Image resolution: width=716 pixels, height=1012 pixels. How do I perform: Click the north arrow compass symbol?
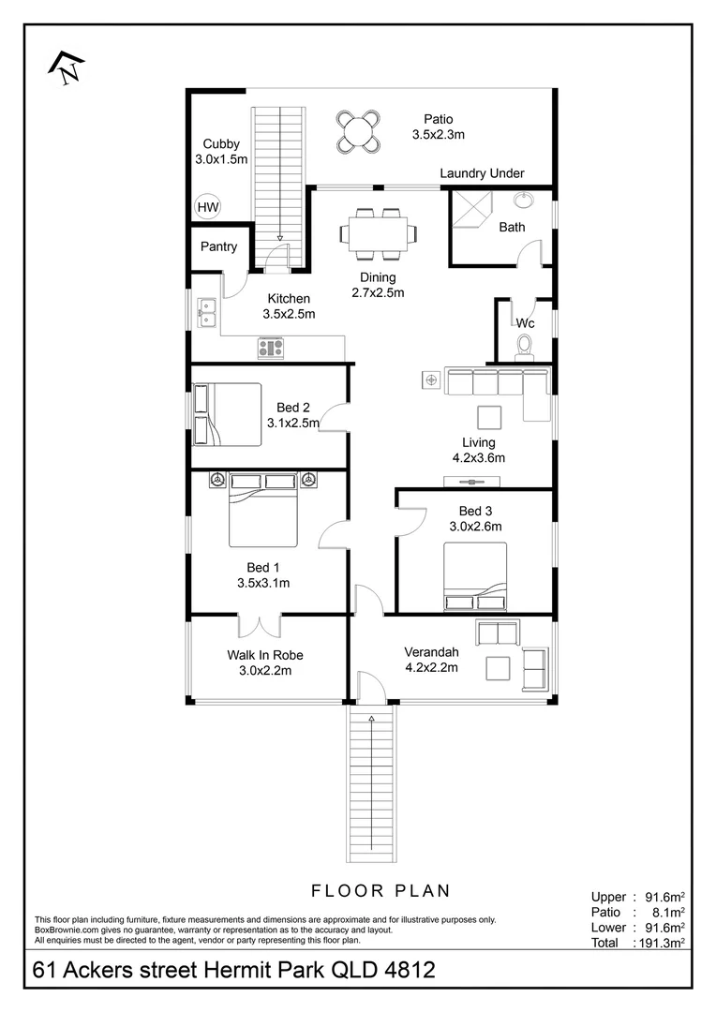(x=67, y=67)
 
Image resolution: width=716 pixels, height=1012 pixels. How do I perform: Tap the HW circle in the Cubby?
(x=208, y=207)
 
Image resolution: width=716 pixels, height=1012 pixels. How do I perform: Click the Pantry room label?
(x=219, y=246)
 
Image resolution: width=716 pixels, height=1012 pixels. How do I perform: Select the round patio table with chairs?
(x=358, y=132)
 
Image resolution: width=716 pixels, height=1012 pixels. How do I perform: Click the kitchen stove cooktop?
(x=271, y=348)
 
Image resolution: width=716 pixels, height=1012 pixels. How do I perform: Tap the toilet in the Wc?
(x=524, y=346)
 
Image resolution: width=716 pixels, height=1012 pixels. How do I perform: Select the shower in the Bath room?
(x=471, y=210)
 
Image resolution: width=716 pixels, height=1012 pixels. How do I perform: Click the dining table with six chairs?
(x=379, y=231)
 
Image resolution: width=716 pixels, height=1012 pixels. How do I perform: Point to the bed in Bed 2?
(x=227, y=415)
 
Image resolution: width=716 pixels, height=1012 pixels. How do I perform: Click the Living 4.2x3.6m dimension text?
(x=478, y=458)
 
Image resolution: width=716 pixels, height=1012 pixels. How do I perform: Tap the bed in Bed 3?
(x=474, y=576)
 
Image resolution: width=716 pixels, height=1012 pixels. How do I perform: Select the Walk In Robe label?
(x=264, y=655)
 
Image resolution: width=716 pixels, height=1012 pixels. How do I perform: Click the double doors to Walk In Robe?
(x=261, y=625)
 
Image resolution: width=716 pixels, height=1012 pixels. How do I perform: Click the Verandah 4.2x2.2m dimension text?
(x=431, y=667)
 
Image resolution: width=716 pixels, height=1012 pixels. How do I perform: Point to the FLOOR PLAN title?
(x=380, y=891)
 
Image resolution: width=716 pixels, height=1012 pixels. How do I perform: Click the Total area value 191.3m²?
(x=662, y=943)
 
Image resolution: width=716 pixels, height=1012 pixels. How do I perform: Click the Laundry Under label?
(x=482, y=173)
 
